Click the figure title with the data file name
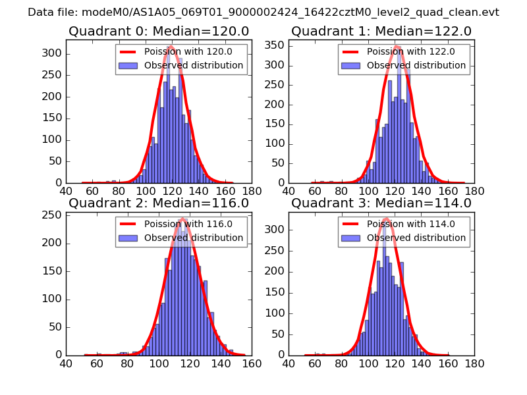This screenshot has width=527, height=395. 263,13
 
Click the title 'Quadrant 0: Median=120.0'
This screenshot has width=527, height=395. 159,32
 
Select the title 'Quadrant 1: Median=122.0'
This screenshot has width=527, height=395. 381,32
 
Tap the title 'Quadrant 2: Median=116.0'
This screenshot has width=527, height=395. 159,203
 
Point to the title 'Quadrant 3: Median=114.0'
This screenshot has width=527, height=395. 381,203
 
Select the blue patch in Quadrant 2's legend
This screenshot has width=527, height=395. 128,238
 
